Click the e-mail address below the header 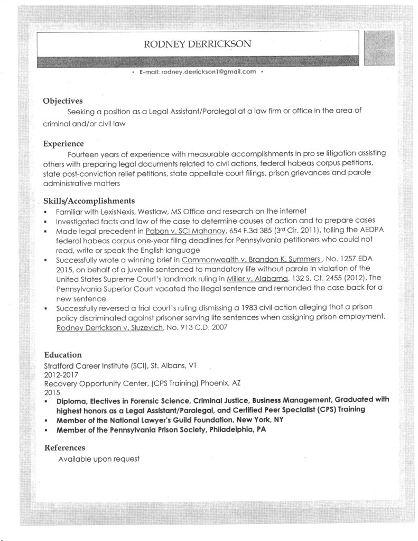198,71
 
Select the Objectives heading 63,100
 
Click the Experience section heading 63,143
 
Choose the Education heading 62,355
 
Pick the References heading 64,448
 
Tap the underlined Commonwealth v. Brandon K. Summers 250,260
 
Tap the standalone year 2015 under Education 52,393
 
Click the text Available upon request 99,459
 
